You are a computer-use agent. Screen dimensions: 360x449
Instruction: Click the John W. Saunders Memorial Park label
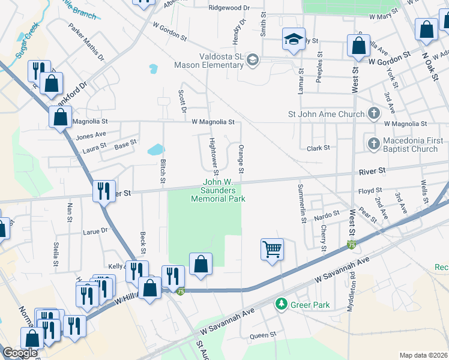(x=217, y=190)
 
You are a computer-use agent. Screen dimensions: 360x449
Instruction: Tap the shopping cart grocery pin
(x=272, y=248)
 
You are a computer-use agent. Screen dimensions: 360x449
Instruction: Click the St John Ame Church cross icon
(x=373, y=113)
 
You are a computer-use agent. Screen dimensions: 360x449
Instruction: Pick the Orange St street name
(x=241, y=159)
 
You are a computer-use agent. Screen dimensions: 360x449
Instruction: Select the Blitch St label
(x=162, y=171)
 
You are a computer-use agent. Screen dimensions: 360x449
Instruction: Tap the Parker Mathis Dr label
(x=86, y=42)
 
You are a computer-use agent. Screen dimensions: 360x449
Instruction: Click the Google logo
(x=20, y=353)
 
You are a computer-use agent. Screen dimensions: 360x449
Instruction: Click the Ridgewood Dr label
(x=229, y=8)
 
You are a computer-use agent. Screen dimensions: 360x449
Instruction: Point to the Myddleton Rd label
(x=351, y=295)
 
